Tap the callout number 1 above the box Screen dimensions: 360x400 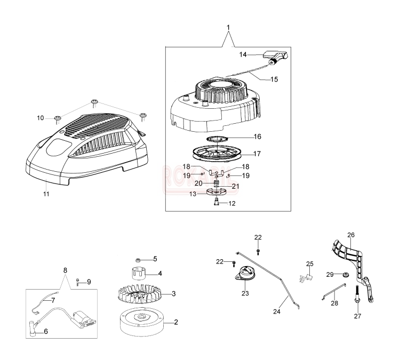coord(228,27)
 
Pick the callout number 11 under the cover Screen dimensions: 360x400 coord(46,194)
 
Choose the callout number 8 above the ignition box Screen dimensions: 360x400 coord(65,270)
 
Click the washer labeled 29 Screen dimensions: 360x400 coord(345,275)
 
